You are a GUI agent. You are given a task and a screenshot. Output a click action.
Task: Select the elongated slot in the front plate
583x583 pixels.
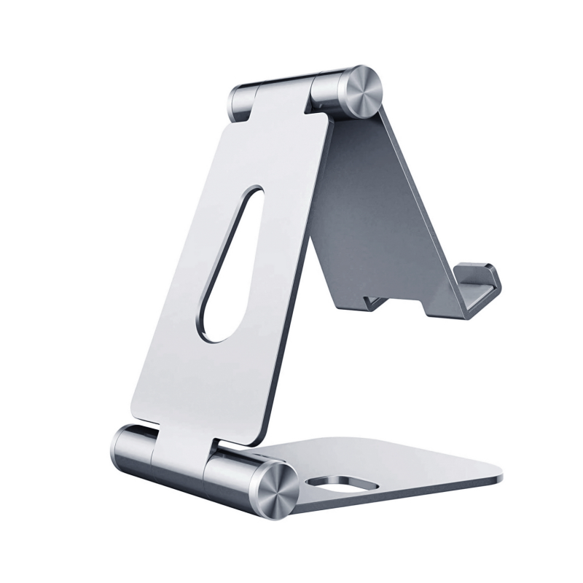tap(230, 262)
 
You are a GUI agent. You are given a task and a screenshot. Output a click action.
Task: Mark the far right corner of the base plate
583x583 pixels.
tap(501, 478)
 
